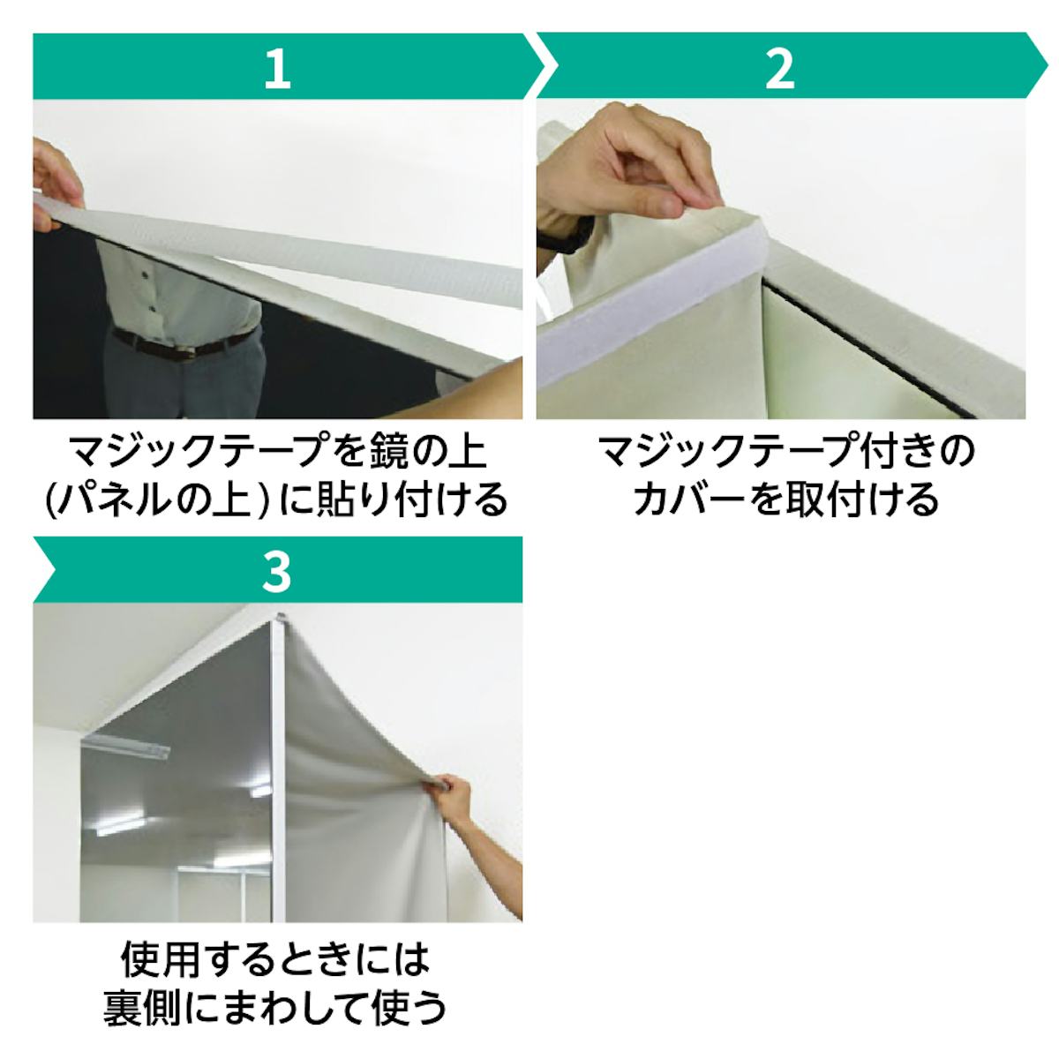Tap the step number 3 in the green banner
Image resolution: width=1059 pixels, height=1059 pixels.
pyautogui.click(x=276, y=572)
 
